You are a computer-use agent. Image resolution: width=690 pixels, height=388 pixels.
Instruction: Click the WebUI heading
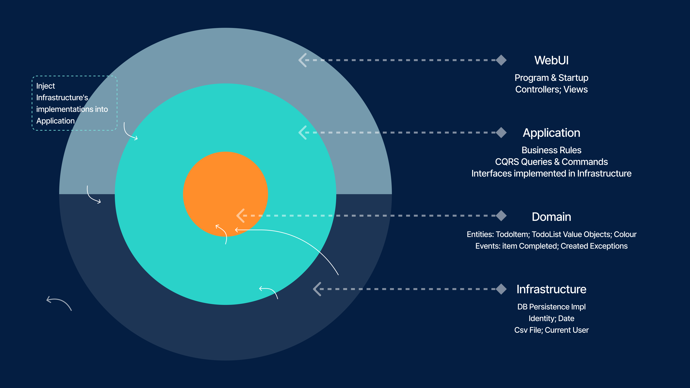point(551,60)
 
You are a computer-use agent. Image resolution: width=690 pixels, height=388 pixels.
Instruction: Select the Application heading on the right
point(551,133)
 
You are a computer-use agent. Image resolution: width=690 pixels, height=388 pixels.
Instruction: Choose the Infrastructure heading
point(551,289)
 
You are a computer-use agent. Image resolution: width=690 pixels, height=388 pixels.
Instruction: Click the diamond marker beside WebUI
point(501,60)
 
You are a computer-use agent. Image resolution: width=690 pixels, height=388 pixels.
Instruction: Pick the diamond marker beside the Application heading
point(501,133)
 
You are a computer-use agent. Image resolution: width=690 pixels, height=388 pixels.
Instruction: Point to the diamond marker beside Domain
point(501,216)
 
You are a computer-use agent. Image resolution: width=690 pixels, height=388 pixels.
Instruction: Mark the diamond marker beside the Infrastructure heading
point(501,289)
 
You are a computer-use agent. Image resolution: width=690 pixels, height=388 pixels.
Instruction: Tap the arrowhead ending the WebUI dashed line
point(302,60)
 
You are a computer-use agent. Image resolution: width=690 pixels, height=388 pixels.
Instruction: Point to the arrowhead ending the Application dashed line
point(302,133)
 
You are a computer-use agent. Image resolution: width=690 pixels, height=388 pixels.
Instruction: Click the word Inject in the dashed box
point(46,86)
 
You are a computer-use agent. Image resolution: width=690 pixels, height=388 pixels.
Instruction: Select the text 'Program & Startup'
point(551,78)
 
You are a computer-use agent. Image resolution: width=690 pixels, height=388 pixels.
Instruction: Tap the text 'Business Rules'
point(551,150)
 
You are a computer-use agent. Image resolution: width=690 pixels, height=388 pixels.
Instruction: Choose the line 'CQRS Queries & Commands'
point(551,162)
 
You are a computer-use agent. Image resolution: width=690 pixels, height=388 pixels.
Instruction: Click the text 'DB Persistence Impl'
point(551,307)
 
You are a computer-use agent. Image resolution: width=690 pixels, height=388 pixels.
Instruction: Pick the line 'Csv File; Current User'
point(551,330)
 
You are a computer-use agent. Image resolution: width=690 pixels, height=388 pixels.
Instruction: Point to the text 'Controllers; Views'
point(551,89)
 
